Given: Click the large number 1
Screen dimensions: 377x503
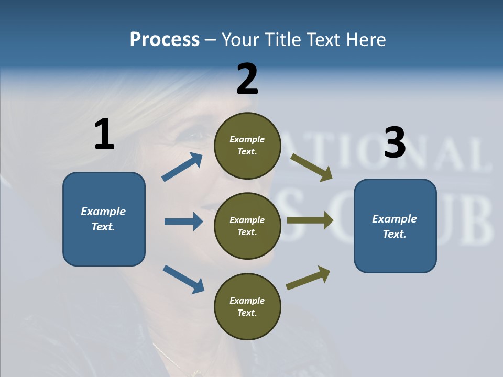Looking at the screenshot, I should point(104,135).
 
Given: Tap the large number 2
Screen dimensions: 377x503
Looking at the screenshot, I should point(247,79).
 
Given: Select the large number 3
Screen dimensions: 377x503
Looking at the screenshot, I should point(395,143).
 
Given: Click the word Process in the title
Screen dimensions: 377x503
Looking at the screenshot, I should point(165,39).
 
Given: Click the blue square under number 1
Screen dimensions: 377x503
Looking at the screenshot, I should point(104,219).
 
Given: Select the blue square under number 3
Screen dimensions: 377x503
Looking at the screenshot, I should point(395,226).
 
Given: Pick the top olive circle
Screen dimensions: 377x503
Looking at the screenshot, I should point(247,146).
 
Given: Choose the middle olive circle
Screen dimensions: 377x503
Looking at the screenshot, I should point(247,226).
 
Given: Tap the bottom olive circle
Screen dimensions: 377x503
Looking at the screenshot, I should point(247,306).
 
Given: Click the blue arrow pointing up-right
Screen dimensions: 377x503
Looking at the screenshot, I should point(182,167).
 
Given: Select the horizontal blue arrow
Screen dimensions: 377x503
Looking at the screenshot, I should point(183,221).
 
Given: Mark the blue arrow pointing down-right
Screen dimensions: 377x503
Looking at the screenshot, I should point(183,279).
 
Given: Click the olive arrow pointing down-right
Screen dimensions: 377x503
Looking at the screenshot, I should point(312,167).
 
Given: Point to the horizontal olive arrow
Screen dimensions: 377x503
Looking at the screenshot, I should point(310,220).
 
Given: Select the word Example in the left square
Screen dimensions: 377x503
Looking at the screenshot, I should point(103,212).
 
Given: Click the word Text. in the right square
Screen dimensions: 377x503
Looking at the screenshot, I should point(395,234).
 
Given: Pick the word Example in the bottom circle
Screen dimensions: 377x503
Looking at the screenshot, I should point(247,301).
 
